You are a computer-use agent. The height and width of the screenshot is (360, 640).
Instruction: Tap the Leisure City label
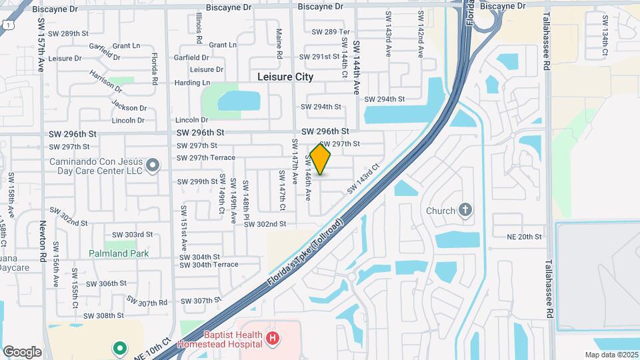[x=285, y=77]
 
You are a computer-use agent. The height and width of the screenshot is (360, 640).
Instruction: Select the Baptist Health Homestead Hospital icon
[x=271, y=339]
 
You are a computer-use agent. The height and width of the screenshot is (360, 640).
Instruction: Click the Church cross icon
[x=465, y=211]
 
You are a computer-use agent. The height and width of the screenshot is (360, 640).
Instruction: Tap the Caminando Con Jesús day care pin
[x=153, y=165]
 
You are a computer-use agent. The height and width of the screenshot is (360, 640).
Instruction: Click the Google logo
[x=22, y=352]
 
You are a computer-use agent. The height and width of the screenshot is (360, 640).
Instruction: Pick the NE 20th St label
[x=525, y=237]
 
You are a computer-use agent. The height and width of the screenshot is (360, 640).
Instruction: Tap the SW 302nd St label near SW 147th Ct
[x=265, y=224]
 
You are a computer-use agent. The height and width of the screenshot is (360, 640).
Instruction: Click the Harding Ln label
[x=192, y=83]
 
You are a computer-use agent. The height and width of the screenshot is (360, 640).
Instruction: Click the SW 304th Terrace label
[x=208, y=265]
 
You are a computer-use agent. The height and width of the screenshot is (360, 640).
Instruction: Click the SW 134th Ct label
[x=605, y=42]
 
